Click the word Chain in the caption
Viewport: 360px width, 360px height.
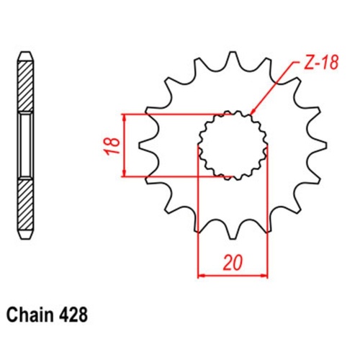(30, 315)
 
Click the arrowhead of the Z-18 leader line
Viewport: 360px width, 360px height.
(252, 113)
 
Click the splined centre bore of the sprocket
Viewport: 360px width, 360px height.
(233, 144)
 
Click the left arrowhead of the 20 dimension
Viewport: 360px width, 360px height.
(202, 274)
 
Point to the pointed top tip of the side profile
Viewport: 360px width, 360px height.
(25, 53)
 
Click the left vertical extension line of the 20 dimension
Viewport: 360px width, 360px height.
(198, 216)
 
